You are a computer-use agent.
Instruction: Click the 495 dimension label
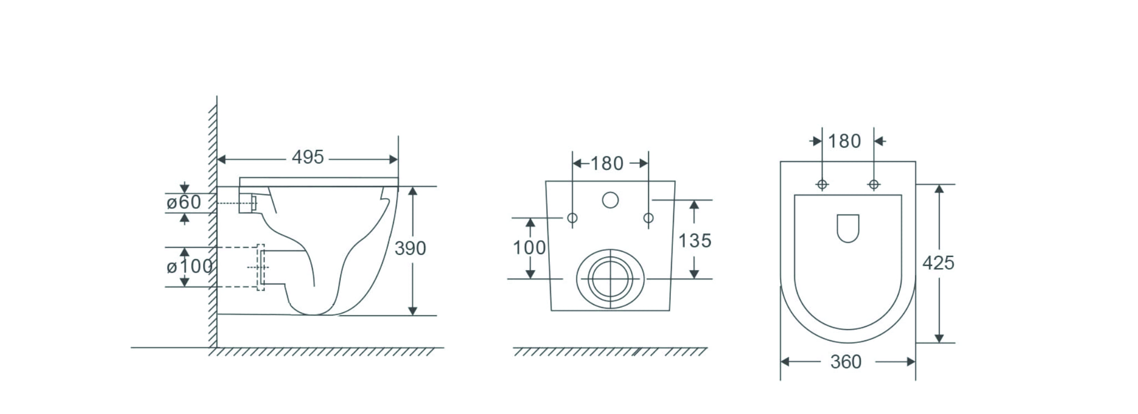[x=307, y=158]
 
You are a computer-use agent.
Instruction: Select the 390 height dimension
[x=410, y=249]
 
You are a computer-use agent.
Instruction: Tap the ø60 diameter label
[x=184, y=203]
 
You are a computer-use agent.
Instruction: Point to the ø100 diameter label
[x=190, y=267]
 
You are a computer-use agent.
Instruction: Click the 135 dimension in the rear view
[x=695, y=241]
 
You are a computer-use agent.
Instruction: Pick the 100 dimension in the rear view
[x=529, y=248]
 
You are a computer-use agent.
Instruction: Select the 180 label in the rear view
[x=607, y=164]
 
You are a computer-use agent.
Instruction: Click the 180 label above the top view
[x=844, y=142]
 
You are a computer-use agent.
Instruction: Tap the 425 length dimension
[x=938, y=263]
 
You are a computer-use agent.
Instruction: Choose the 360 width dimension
[x=846, y=362]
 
